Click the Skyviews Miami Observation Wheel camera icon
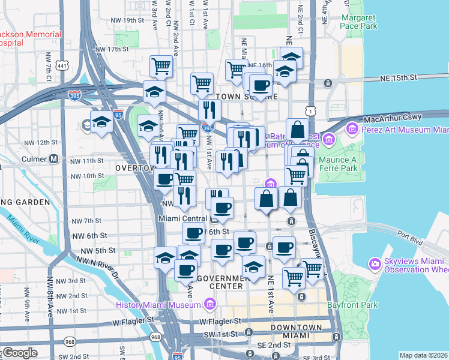(375, 263)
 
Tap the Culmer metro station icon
(54, 160)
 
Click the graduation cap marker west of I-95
(102, 122)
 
